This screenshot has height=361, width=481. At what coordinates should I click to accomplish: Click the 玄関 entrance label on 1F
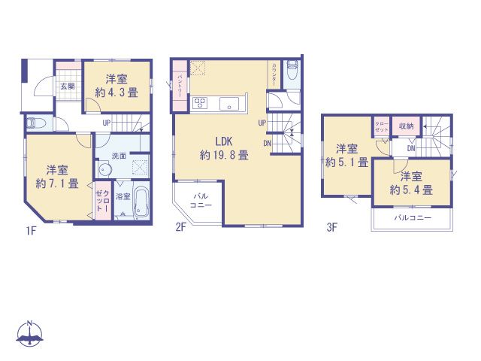[x=68, y=86]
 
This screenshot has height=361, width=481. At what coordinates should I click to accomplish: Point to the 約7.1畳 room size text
[x=57, y=183]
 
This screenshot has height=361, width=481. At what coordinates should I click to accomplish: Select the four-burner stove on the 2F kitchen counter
[x=201, y=104]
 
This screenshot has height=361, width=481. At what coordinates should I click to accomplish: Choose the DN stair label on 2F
[x=268, y=143]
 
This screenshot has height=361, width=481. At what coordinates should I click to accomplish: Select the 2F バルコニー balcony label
[x=199, y=200]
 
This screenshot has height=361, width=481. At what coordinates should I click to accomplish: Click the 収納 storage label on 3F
[x=406, y=126]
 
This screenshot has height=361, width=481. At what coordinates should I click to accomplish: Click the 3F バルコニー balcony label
[x=413, y=219]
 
